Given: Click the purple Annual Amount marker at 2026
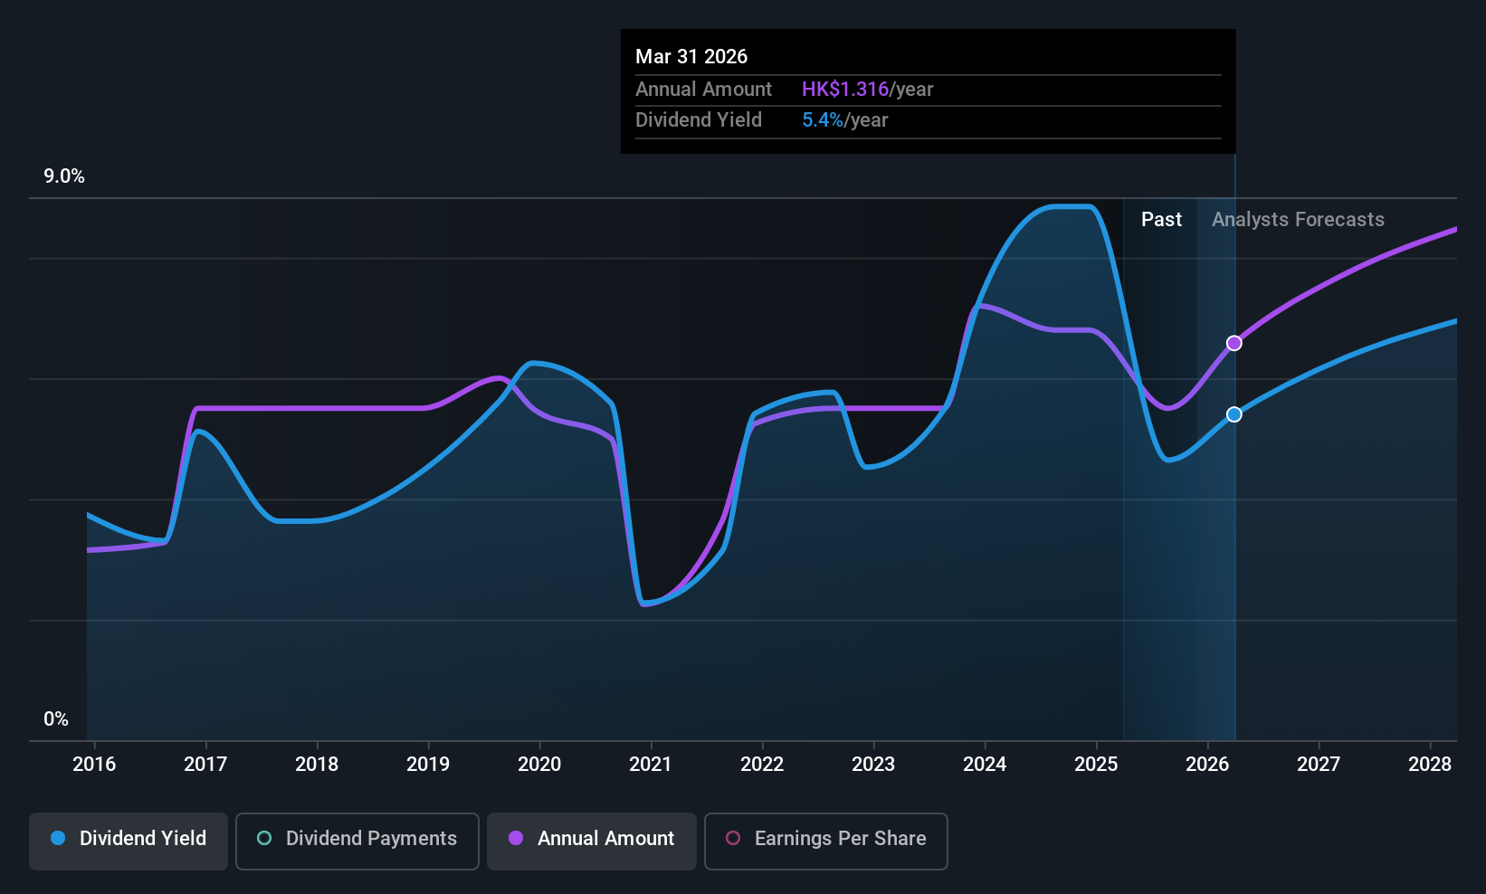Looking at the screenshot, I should (x=1234, y=343).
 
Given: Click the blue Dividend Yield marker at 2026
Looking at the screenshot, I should (x=1234, y=414).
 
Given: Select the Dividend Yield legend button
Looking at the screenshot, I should (x=129, y=839).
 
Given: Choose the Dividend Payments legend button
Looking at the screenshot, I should (x=357, y=839).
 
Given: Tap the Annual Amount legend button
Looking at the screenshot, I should (x=592, y=839).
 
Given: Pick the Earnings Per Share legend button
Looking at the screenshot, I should (x=825, y=839).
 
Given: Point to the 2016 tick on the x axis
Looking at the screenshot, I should (x=94, y=765).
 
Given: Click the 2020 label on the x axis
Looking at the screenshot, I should (x=539, y=765).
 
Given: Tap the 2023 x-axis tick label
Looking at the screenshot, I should (x=873, y=765).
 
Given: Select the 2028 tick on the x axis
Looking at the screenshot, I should (x=1430, y=765).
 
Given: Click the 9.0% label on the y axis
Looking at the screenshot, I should (x=64, y=176).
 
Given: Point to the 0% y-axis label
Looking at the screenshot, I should (x=56, y=719).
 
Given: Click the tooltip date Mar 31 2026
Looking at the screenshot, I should (x=691, y=57).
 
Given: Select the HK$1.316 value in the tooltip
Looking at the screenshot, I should (x=845, y=90).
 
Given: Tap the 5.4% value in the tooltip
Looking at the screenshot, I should (x=823, y=120).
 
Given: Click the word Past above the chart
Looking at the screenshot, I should (x=1161, y=220).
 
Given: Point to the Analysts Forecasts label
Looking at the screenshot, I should (x=1298, y=220).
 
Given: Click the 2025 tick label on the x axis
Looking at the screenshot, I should (x=1096, y=765).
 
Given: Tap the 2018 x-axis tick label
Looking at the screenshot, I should (x=317, y=765).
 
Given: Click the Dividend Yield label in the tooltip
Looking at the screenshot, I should (x=699, y=120).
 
